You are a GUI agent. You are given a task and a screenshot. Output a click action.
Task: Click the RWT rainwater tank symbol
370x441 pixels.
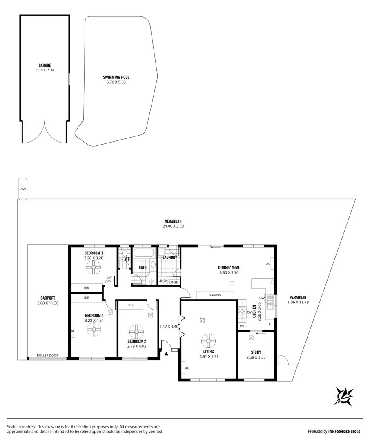[22, 189]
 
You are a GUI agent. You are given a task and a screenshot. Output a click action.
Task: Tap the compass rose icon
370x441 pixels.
[344, 396]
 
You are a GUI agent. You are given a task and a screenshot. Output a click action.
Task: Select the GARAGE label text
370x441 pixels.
[45, 65]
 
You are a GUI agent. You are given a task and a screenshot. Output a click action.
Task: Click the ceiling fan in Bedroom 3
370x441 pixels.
[94, 269]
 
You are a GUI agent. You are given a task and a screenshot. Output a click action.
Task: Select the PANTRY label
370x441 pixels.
[215, 295]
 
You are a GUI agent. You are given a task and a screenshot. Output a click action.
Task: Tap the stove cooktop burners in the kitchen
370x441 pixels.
[241, 312]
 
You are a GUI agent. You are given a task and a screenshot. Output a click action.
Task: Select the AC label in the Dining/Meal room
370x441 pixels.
[268, 264]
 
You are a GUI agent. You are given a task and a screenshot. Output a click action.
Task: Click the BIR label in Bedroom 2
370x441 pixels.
[131, 305]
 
